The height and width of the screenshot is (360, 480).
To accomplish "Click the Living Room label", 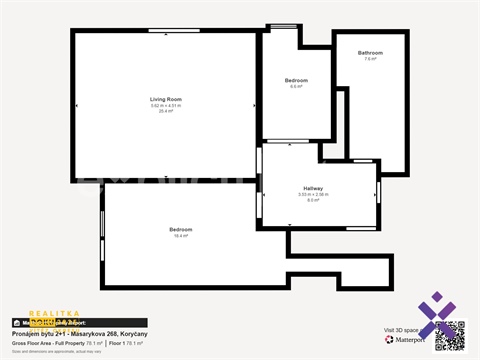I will [166, 99].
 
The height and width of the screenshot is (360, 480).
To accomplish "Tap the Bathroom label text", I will [370, 52].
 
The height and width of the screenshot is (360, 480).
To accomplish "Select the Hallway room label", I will [313, 187].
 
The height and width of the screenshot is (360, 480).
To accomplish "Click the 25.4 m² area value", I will [166, 111].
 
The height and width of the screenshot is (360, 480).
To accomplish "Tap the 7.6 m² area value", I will [370, 59].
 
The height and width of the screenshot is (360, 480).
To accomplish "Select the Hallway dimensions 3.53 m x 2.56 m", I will [313, 194].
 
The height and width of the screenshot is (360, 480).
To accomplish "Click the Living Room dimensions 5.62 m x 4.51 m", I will [166, 105].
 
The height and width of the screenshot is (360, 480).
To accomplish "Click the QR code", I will [450, 334].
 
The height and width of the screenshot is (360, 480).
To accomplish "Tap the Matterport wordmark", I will [410, 340].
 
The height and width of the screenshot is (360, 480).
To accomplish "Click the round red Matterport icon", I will [389, 340].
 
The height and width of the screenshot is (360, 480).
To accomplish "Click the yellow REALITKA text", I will [48, 313].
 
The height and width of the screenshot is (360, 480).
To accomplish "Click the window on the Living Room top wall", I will [166, 31].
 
